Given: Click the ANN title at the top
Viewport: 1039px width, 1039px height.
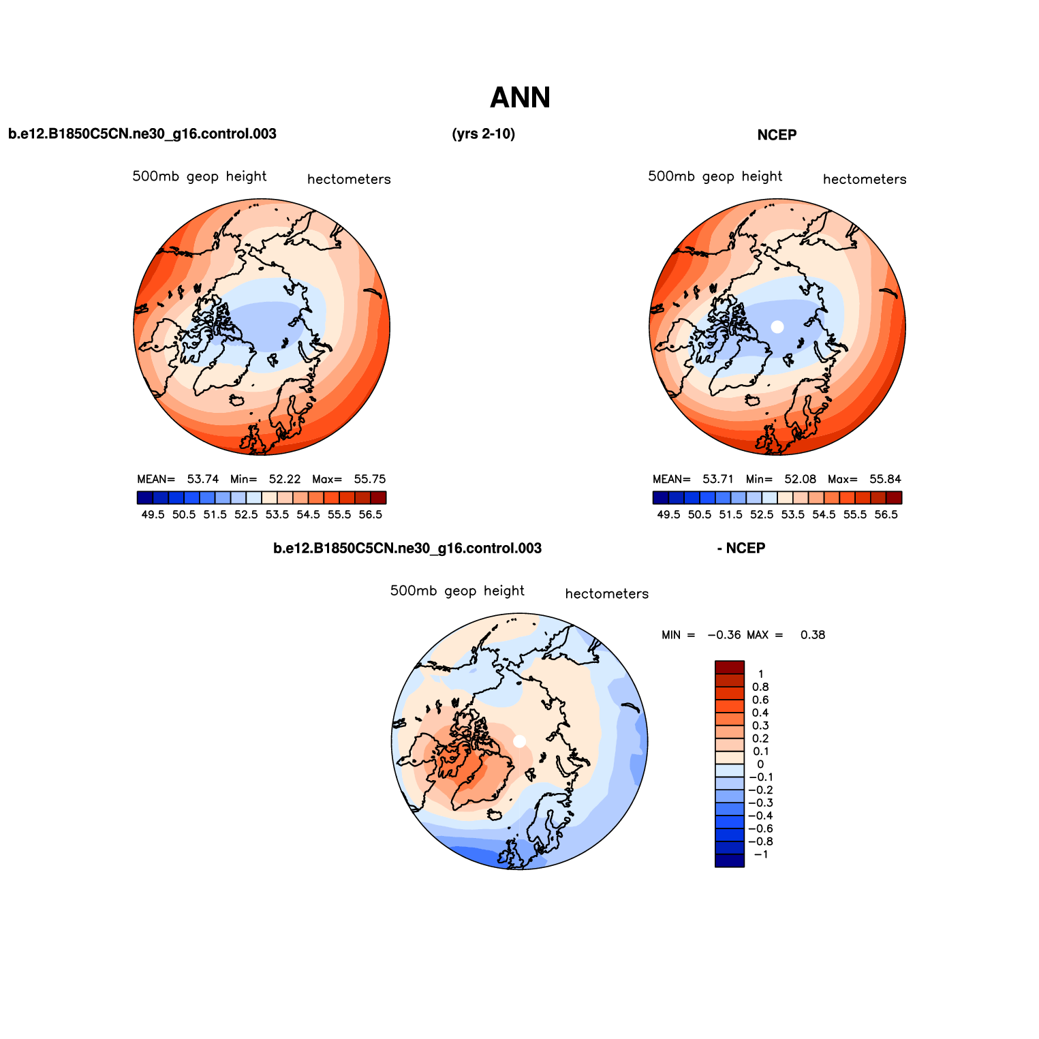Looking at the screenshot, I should [520, 98].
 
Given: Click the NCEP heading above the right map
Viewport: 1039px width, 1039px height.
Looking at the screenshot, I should [777, 135].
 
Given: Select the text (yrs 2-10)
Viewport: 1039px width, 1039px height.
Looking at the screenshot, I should [483, 134].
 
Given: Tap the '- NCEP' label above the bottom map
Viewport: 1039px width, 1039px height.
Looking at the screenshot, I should [741, 548].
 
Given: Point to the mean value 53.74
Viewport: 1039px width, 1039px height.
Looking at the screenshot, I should [203, 479].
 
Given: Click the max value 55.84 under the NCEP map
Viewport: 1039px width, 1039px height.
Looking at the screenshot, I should [885, 479].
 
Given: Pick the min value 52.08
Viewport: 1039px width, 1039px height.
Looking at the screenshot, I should [800, 479].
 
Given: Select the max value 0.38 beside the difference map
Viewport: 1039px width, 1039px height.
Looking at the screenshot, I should [812, 635].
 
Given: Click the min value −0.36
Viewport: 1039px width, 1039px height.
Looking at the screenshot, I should [724, 635].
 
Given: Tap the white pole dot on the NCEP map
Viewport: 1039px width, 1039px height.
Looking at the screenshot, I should [777, 326].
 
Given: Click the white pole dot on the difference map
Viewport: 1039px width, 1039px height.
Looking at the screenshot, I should [519, 741].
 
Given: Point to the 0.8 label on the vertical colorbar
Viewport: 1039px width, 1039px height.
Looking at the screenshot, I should [760, 687].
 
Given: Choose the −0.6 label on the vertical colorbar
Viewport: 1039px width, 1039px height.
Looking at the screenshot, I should [760, 828].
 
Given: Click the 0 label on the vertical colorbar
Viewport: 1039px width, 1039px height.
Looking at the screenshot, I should [760, 764].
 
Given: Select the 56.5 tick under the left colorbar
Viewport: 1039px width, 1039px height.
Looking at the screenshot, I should [370, 515].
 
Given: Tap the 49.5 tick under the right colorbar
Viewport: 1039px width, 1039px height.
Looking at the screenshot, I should [668, 515].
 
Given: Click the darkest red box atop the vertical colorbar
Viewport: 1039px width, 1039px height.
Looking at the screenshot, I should [729, 667].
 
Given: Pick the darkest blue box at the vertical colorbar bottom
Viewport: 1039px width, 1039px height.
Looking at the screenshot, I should [729, 860].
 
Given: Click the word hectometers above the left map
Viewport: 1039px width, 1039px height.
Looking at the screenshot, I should [349, 180].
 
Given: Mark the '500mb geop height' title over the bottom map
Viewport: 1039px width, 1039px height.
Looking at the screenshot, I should [457, 591].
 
